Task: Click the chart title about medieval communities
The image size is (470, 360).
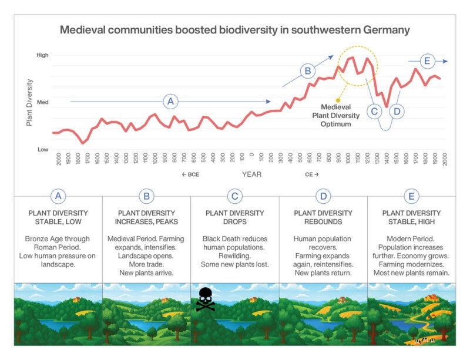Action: coord(235,30)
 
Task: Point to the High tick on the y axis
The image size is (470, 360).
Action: coord(42,55)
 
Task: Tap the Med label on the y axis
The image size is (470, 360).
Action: coord(42,102)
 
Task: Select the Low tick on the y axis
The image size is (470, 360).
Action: coord(43,149)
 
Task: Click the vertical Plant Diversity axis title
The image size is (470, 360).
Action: coord(29,103)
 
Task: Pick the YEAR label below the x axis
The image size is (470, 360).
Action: coord(251,174)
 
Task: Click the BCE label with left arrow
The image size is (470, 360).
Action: coord(192,174)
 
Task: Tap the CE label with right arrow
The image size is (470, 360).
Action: coord(312,174)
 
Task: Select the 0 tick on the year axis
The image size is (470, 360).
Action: coord(251,158)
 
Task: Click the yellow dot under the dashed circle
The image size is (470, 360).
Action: coord(338,100)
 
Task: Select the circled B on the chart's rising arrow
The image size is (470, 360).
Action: coord(307,72)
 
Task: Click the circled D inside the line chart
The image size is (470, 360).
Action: coord(397,110)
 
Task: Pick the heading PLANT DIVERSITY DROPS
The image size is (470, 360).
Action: coord(235,217)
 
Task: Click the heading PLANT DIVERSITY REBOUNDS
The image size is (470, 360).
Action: coord(323,217)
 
